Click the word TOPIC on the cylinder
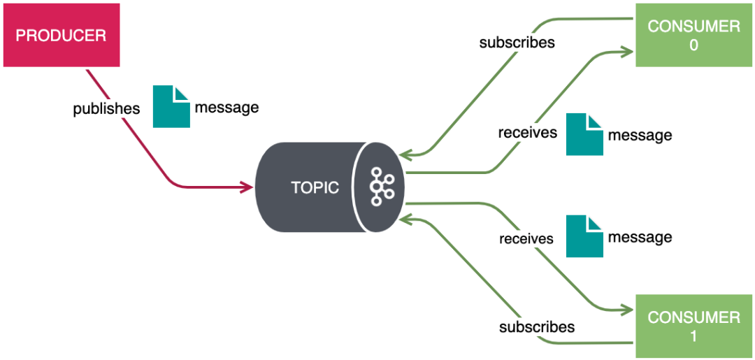tap(315, 187)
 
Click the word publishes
tap(106, 109)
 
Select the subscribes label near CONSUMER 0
tap(517, 43)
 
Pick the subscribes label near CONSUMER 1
tap(537, 326)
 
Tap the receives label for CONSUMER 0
tap(527, 132)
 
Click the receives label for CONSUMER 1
tap(526, 239)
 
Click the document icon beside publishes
tap(171, 106)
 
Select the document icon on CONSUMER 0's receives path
tap(584, 134)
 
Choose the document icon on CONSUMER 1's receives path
tap(584, 236)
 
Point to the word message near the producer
tap(226, 108)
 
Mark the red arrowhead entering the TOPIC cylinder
tap(247, 187)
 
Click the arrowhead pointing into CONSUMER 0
tap(628, 50)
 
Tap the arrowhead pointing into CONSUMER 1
tap(628, 310)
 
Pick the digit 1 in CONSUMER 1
tap(693, 336)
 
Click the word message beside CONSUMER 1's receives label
tap(640, 238)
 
